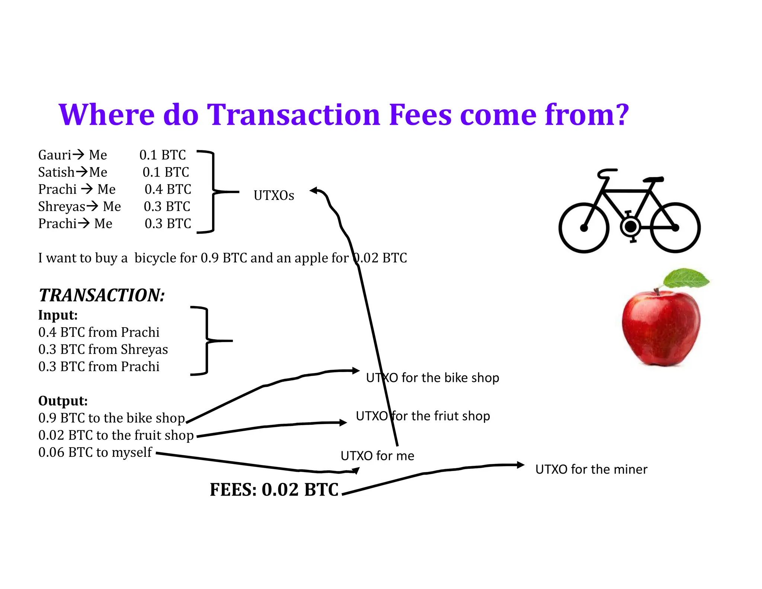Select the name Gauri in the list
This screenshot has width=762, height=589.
click(55, 155)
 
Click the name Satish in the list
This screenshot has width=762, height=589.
click(56, 172)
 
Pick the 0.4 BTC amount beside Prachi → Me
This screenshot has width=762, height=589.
click(168, 189)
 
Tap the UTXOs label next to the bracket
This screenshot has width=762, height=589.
click(273, 195)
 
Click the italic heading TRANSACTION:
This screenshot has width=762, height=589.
click(102, 295)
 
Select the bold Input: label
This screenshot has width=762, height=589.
click(58, 315)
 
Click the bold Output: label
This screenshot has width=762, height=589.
click(63, 401)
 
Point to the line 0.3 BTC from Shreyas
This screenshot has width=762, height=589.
click(103, 349)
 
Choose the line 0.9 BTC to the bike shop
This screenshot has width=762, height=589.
click(112, 418)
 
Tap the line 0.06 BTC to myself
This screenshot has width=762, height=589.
click(95, 452)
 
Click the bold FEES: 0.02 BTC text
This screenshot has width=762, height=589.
click(274, 489)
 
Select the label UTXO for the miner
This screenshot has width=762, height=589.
click(591, 469)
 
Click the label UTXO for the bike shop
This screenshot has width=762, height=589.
click(432, 378)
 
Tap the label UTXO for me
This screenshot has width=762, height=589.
click(377, 456)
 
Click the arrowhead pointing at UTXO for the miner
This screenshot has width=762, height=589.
click(521, 465)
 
